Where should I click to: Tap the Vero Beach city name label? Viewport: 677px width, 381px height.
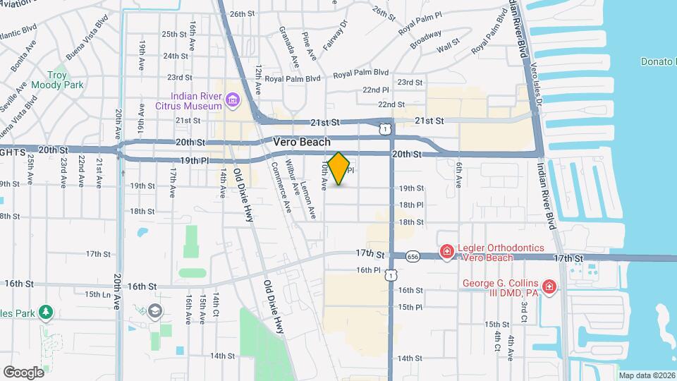tap(302, 143)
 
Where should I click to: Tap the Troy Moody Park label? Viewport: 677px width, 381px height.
tap(65, 80)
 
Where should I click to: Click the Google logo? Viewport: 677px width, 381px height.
tap(23, 372)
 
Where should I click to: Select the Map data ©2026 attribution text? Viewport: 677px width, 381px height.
tap(646, 375)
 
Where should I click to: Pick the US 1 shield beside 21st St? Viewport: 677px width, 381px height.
tap(384, 128)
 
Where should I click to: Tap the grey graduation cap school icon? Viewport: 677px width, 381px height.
tap(154, 311)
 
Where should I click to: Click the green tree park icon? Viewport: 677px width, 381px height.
tap(46, 311)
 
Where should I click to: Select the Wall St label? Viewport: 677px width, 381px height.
tap(448, 49)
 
